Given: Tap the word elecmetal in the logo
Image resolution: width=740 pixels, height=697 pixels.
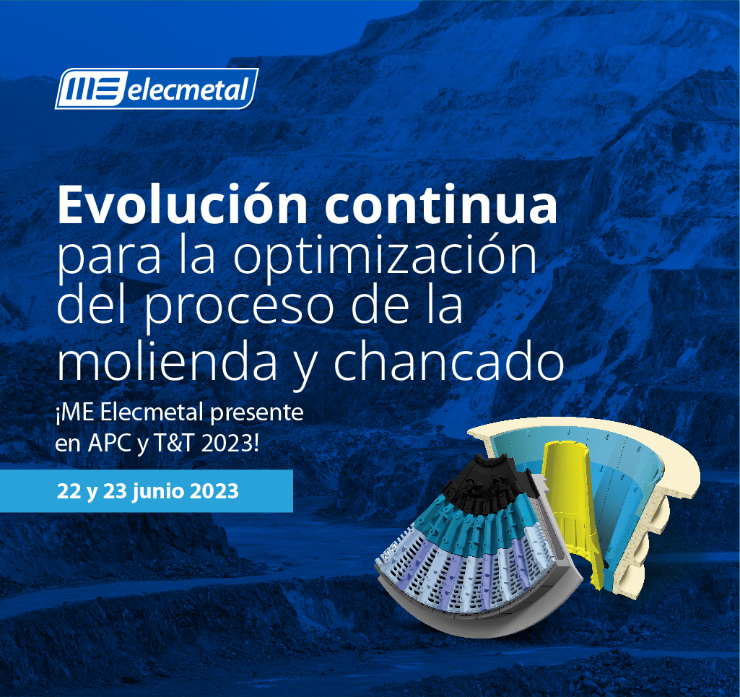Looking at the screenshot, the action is click(x=188, y=89).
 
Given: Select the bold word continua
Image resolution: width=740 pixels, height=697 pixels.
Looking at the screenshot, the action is click(x=441, y=205).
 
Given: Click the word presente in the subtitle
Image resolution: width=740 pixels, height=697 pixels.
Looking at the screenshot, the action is click(x=257, y=413).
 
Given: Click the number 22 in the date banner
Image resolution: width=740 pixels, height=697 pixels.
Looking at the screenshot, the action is click(x=69, y=492).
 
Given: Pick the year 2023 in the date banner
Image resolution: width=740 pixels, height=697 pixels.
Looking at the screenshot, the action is click(x=214, y=492).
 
